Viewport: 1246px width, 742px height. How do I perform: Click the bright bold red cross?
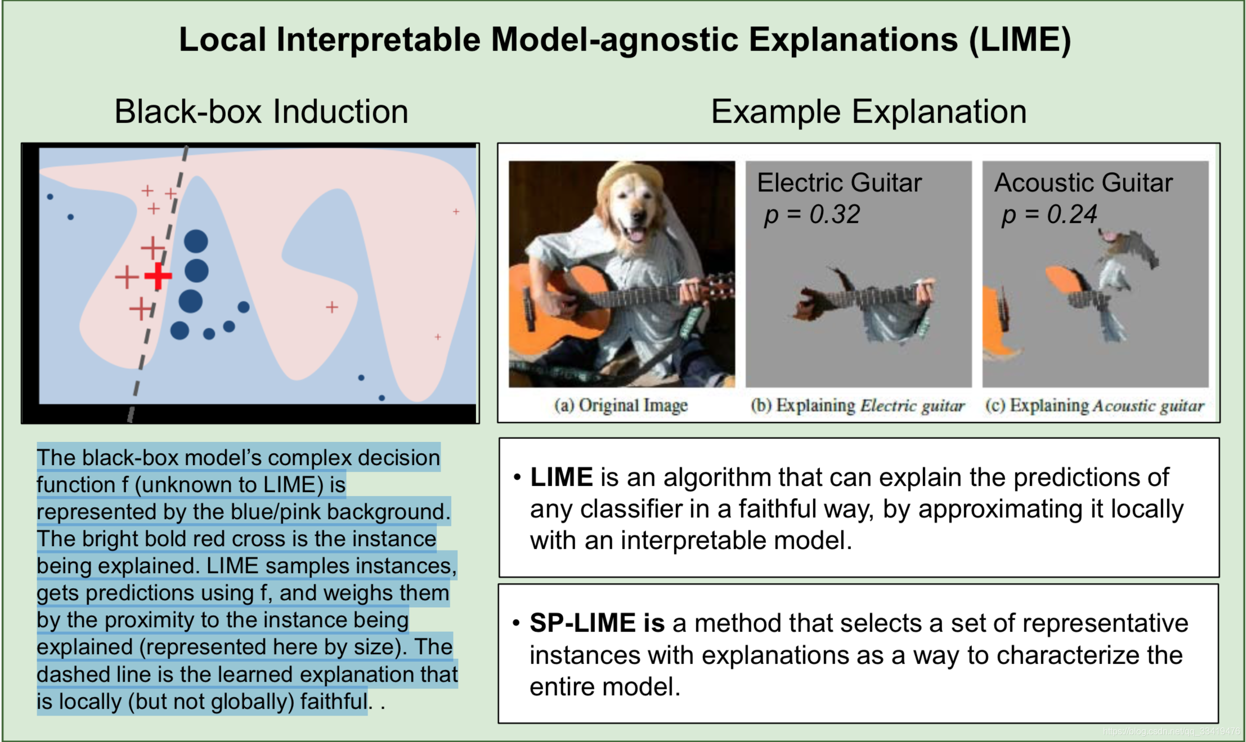pos(158,276)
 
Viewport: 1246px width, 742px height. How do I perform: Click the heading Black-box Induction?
pos(261,111)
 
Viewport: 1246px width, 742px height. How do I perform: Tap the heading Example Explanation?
pos(868,111)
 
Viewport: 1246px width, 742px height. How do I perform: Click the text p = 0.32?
pos(812,214)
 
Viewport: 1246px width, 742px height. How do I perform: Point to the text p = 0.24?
pos(1049,214)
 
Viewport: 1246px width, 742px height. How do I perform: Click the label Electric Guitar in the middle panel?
pos(839,183)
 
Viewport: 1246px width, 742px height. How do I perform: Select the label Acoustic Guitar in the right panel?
pos(1083,183)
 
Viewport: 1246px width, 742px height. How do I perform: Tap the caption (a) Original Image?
pos(621,405)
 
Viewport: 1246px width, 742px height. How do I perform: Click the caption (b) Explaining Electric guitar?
pos(857,405)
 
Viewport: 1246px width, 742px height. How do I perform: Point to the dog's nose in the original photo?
pos(639,215)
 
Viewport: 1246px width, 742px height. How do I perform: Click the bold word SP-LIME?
pos(582,623)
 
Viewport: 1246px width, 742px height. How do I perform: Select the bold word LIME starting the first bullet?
pos(561,477)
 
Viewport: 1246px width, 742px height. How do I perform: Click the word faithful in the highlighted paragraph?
pos(333,701)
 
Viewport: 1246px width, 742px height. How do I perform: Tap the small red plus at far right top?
pos(456,212)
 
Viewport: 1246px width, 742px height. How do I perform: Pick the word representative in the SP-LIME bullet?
pos(1105,623)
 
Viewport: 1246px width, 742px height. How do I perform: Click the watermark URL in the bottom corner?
pos(1171,731)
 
